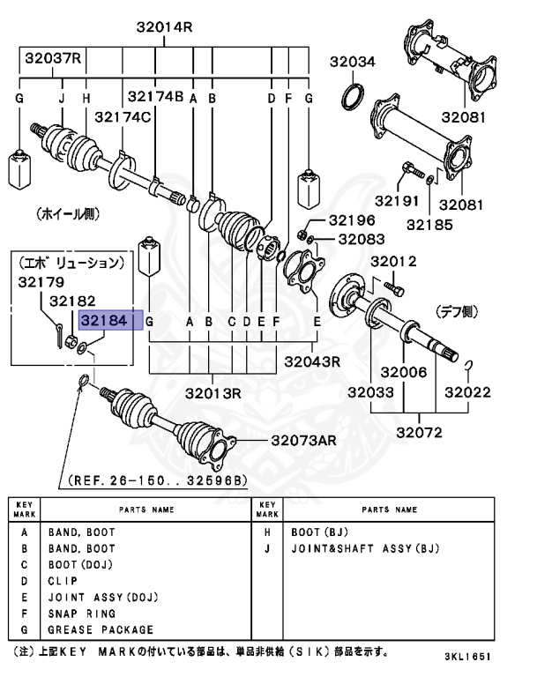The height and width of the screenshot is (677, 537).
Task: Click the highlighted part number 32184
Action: [103, 322]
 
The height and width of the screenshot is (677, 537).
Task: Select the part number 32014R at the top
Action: [164, 28]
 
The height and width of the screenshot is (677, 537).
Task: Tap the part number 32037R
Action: [52, 59]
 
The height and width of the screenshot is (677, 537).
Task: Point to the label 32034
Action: [353, 62]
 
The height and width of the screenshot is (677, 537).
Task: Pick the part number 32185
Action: [429, 224]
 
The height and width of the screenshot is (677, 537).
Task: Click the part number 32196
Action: [352, 220]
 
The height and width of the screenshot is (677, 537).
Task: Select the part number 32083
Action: [361, 238]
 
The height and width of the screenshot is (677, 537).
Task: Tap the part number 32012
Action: [392, 262]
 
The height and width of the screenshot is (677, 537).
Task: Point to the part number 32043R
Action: [312, 361]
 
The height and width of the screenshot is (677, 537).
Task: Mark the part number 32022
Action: [467, 393]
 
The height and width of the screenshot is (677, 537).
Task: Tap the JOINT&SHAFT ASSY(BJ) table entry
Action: [364, 548]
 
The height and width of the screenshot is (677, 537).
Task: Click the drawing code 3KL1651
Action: [467, 658]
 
